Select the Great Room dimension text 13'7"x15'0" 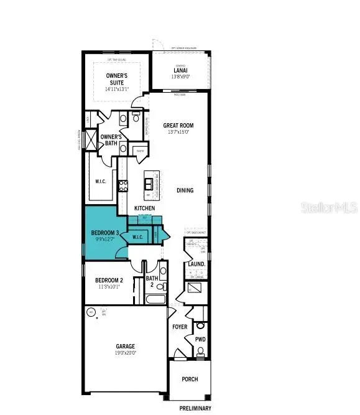pos(178,132)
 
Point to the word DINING pos(184,191)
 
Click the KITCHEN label pos(144,208)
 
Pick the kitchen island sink pos(149,183)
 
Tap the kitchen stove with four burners pos(122,185)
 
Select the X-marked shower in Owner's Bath pos(92,140)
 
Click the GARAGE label pos(124,346)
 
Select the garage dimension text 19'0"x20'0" pos(124,353)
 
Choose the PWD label pos(200,340)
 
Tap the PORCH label pos(189,379)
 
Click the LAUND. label pos(196,264)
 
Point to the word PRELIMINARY pos(195,408)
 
